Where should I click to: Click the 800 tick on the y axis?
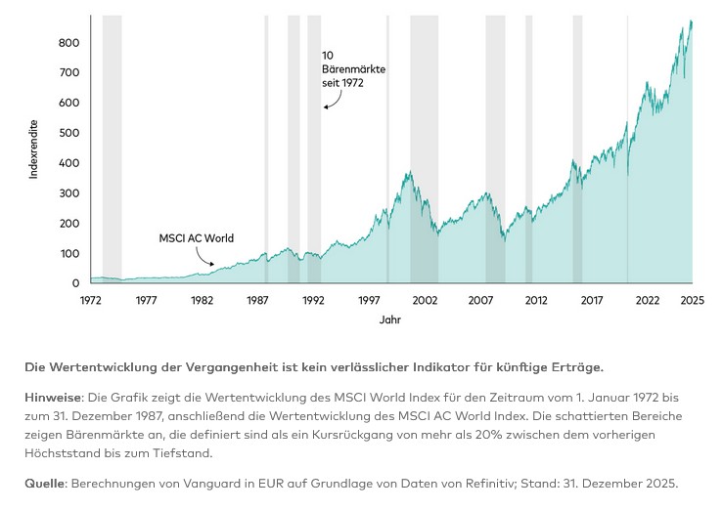pyautogui.click(x=68, y=43)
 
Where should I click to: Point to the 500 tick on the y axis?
pyautogui.click(x=68, y=133)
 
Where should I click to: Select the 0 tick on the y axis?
pyautogui.click(x=75, y=283)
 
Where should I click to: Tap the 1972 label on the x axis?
pyautogui.click(x=90, y=300)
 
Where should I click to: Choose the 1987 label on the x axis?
pyautogui.click(x=257, y=300)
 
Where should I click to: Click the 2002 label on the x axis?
pyautogui.click(x=424, y=300)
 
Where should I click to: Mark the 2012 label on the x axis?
pyautogui.click(x=535, y=300)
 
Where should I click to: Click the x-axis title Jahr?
pyautogui.click(x=389, y=319)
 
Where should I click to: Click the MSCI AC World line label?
pyautogui.click(x=197, y=237)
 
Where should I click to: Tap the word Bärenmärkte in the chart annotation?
pyautogui.click(x=353, y=69)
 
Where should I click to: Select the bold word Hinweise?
pyautogui.click(x=54, y=398)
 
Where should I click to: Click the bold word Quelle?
pyautogui.click(x=45, y=484)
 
